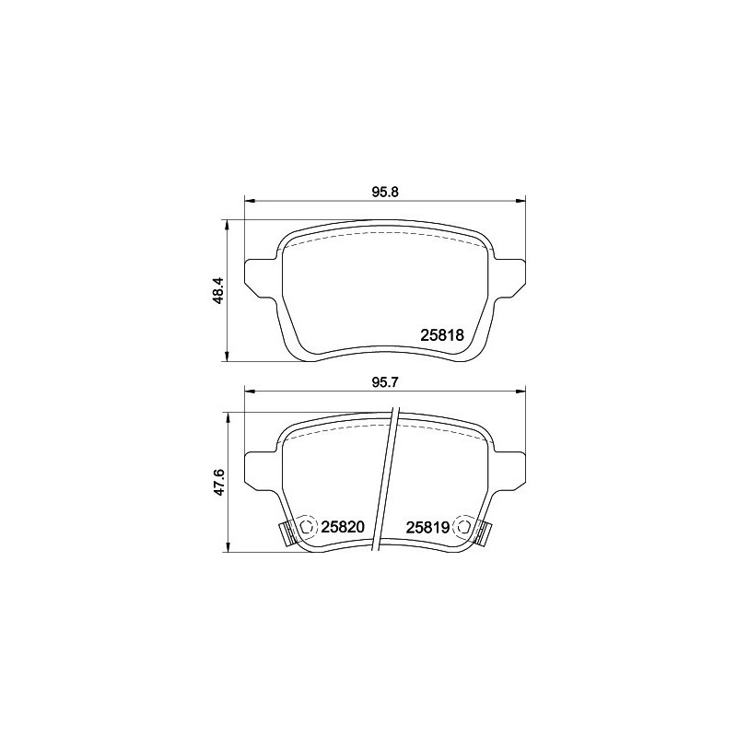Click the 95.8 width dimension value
[x=384, y=193]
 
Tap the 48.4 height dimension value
[x=218, y=291]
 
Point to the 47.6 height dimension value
[x=218, y=482]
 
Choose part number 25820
[x=344, y=527]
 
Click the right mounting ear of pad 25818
[x=509, y=277]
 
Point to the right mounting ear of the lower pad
[x=509, y=468]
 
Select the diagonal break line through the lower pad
[x=388, y=479]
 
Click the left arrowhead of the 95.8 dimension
[x=248, y=201]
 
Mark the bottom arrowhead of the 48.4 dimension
[x=228, y=357]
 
